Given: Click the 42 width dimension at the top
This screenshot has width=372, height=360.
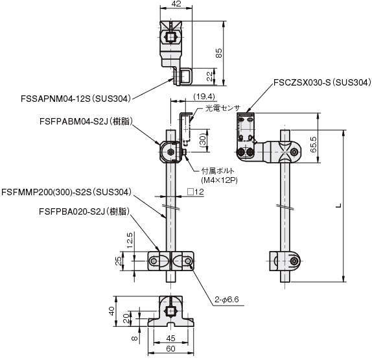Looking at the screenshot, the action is [x=176, y=3].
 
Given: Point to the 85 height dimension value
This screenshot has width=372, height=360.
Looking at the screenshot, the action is [x=219, y=53].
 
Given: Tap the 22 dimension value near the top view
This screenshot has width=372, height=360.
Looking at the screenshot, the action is [x=210, y=77].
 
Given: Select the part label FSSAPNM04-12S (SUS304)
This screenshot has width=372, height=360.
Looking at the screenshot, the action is [x=76, y=99].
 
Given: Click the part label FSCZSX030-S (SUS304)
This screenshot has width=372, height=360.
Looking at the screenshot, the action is [x=322, y=82].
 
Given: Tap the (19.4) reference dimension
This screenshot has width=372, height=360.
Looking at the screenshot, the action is [x=204, y=97].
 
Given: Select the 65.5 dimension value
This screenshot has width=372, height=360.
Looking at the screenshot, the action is [x=313, y=145].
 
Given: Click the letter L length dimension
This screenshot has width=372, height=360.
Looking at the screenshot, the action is [x=340, y=206].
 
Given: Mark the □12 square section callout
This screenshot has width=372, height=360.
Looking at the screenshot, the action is [x=196, y=191].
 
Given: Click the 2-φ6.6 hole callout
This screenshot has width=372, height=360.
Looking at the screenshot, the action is [x=227, y=300].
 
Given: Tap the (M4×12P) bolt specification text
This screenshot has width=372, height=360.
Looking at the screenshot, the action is [x=219, y=180].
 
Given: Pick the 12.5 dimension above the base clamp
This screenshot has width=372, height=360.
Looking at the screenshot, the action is [x=130, y=240].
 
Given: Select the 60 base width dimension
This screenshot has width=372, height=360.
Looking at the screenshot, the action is [x=170, y=348].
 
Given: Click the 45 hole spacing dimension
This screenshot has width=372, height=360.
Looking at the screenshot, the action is [x=170, y=338].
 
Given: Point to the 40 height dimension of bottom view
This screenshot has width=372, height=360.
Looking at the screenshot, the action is [x=111, y=311].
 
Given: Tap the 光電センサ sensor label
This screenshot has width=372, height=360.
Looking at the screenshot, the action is [x=222, y=108].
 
